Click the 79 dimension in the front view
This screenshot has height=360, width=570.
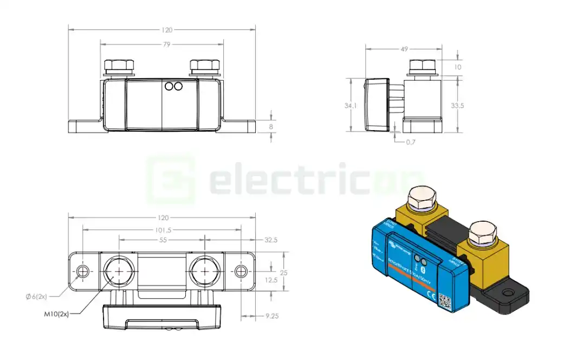(162, 44)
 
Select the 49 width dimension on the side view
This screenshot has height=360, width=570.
(404, 49)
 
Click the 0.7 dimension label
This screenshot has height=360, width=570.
(411, 142)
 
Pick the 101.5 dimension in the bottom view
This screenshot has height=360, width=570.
(161, 229)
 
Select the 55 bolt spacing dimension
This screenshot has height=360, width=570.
(161, 239)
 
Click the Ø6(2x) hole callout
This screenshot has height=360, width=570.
(36, 296)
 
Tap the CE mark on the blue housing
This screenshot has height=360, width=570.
(431, 295)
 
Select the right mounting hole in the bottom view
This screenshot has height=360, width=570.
(240, 271)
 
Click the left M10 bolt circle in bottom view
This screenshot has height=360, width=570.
(118, 270)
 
